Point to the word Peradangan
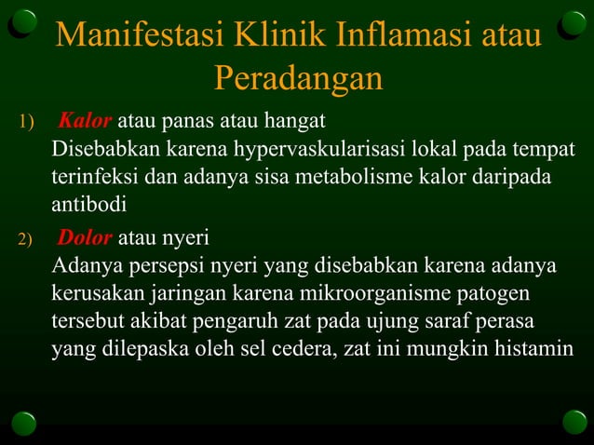(x=298, y=79)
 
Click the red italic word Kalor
(x=86, y=121)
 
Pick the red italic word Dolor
(x=86, y=237)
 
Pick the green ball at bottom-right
(x=574, y=422)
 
